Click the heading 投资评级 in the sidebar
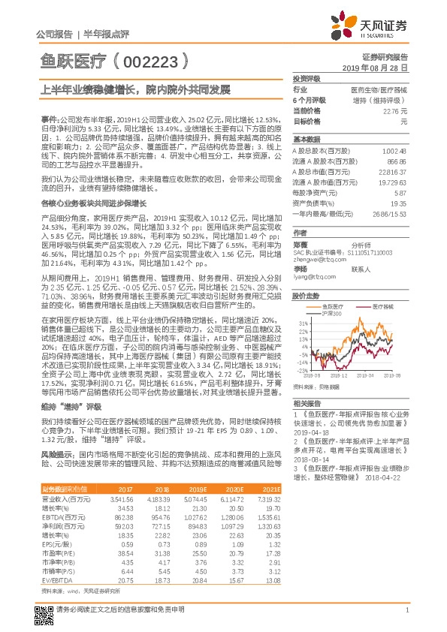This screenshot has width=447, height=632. point(307,78)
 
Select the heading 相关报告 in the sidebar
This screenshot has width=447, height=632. point(306,403)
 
